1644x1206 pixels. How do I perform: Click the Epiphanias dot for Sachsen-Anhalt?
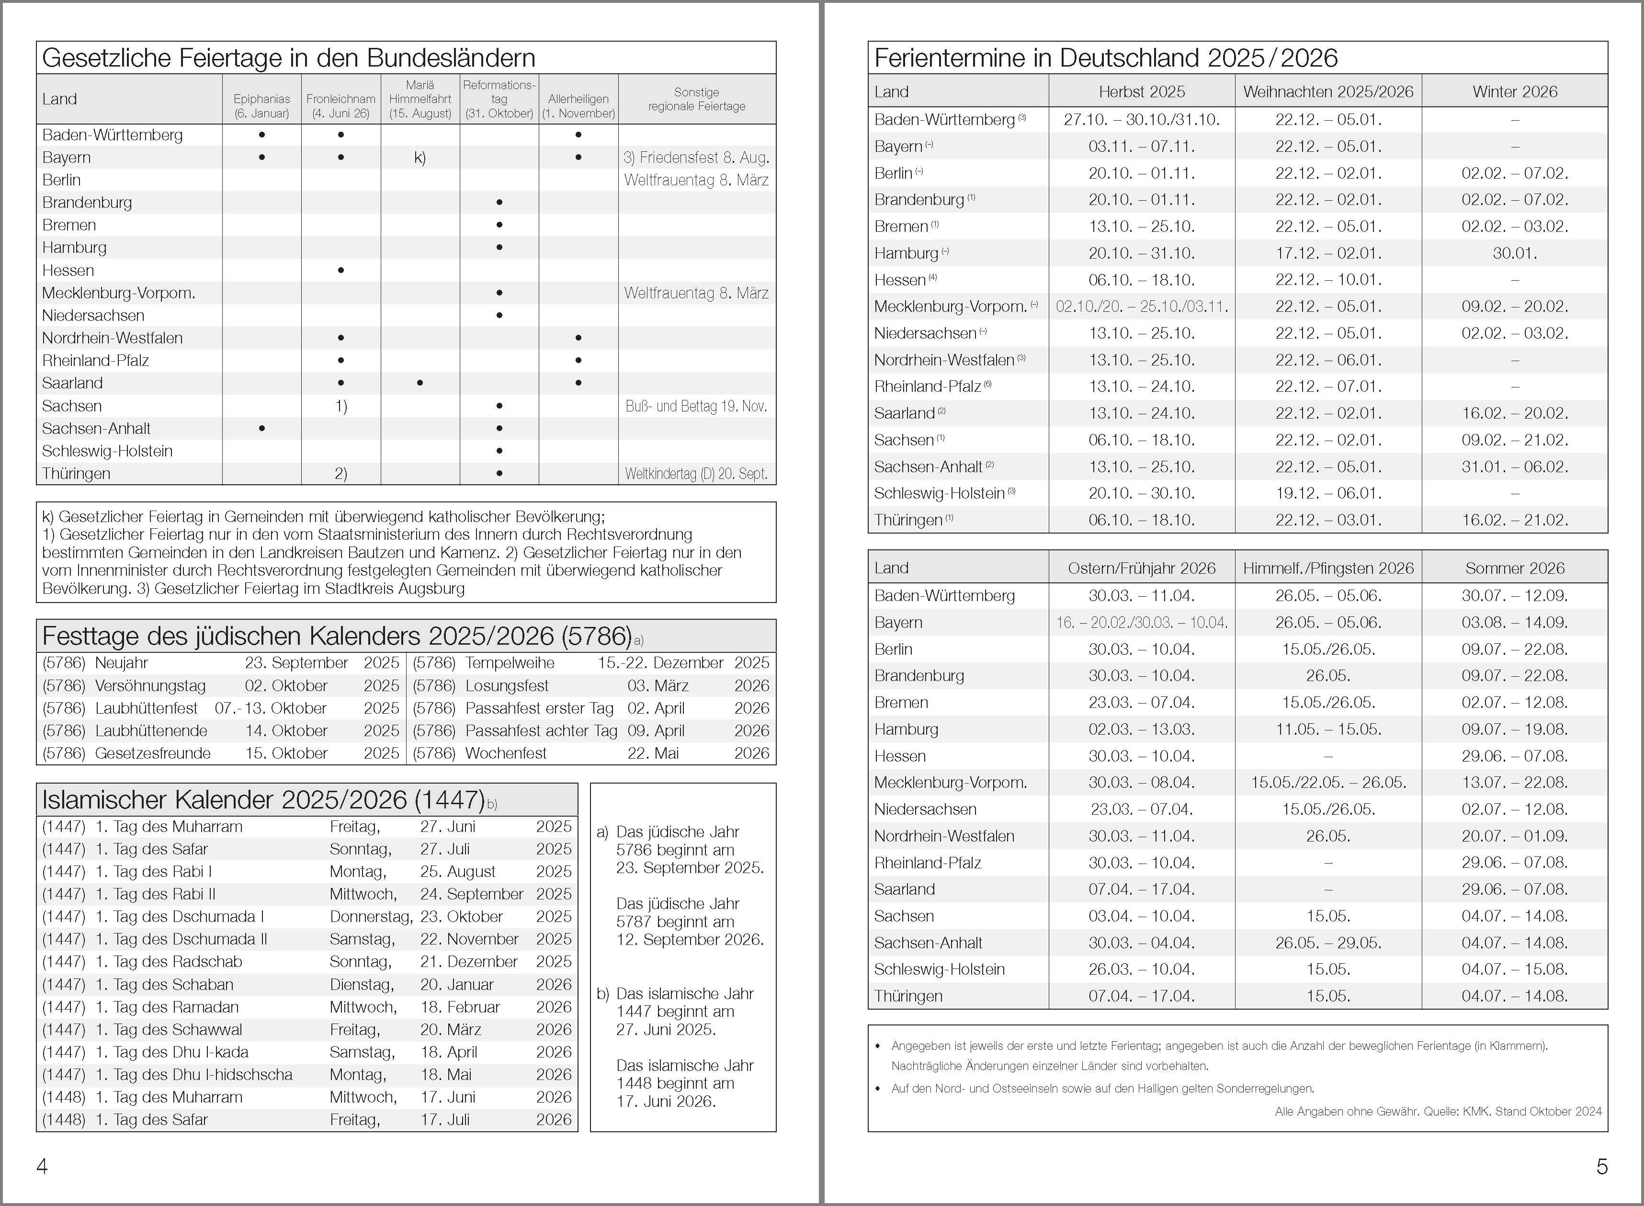click(x=262, y=429)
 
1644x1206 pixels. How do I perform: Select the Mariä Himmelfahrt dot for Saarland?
click(x=420, y=383)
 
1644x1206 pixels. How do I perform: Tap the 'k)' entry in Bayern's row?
click(x=420, y=157)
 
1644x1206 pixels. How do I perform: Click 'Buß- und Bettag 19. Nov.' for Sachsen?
click(x=696, y=406)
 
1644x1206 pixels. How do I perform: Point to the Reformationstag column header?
click(x=499, y=99)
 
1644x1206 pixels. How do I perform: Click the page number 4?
click(x=42, y=1167)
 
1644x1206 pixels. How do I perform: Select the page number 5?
click(x=1602, y=1167)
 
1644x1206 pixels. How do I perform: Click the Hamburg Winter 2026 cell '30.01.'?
click(x=1515, y=253)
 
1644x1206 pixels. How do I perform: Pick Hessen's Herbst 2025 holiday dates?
click(x=1142, y=280)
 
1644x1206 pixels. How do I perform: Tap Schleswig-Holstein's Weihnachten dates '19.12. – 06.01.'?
click(x=1328, y=493)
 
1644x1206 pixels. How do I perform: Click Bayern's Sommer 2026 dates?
click(x=1515, y=622)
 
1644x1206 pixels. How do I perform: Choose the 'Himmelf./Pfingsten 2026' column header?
click(x=1328, y=568)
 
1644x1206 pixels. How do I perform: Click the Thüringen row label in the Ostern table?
click(x=908, y=996)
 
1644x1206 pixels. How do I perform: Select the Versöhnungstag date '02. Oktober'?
click(x=286, y=685)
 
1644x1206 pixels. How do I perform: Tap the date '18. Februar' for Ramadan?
click(x=460, y=1007)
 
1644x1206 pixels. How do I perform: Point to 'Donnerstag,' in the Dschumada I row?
click(x=371, y=916)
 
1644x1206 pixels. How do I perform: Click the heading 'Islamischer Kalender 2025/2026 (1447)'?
click(x=263, y=800)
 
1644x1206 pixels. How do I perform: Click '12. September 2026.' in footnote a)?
click(x=690, y=940)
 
